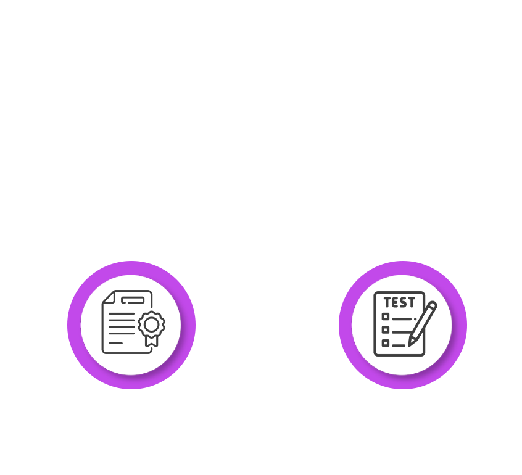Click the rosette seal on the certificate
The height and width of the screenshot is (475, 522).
coord(151,324)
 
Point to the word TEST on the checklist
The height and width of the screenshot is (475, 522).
coord(399,303)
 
